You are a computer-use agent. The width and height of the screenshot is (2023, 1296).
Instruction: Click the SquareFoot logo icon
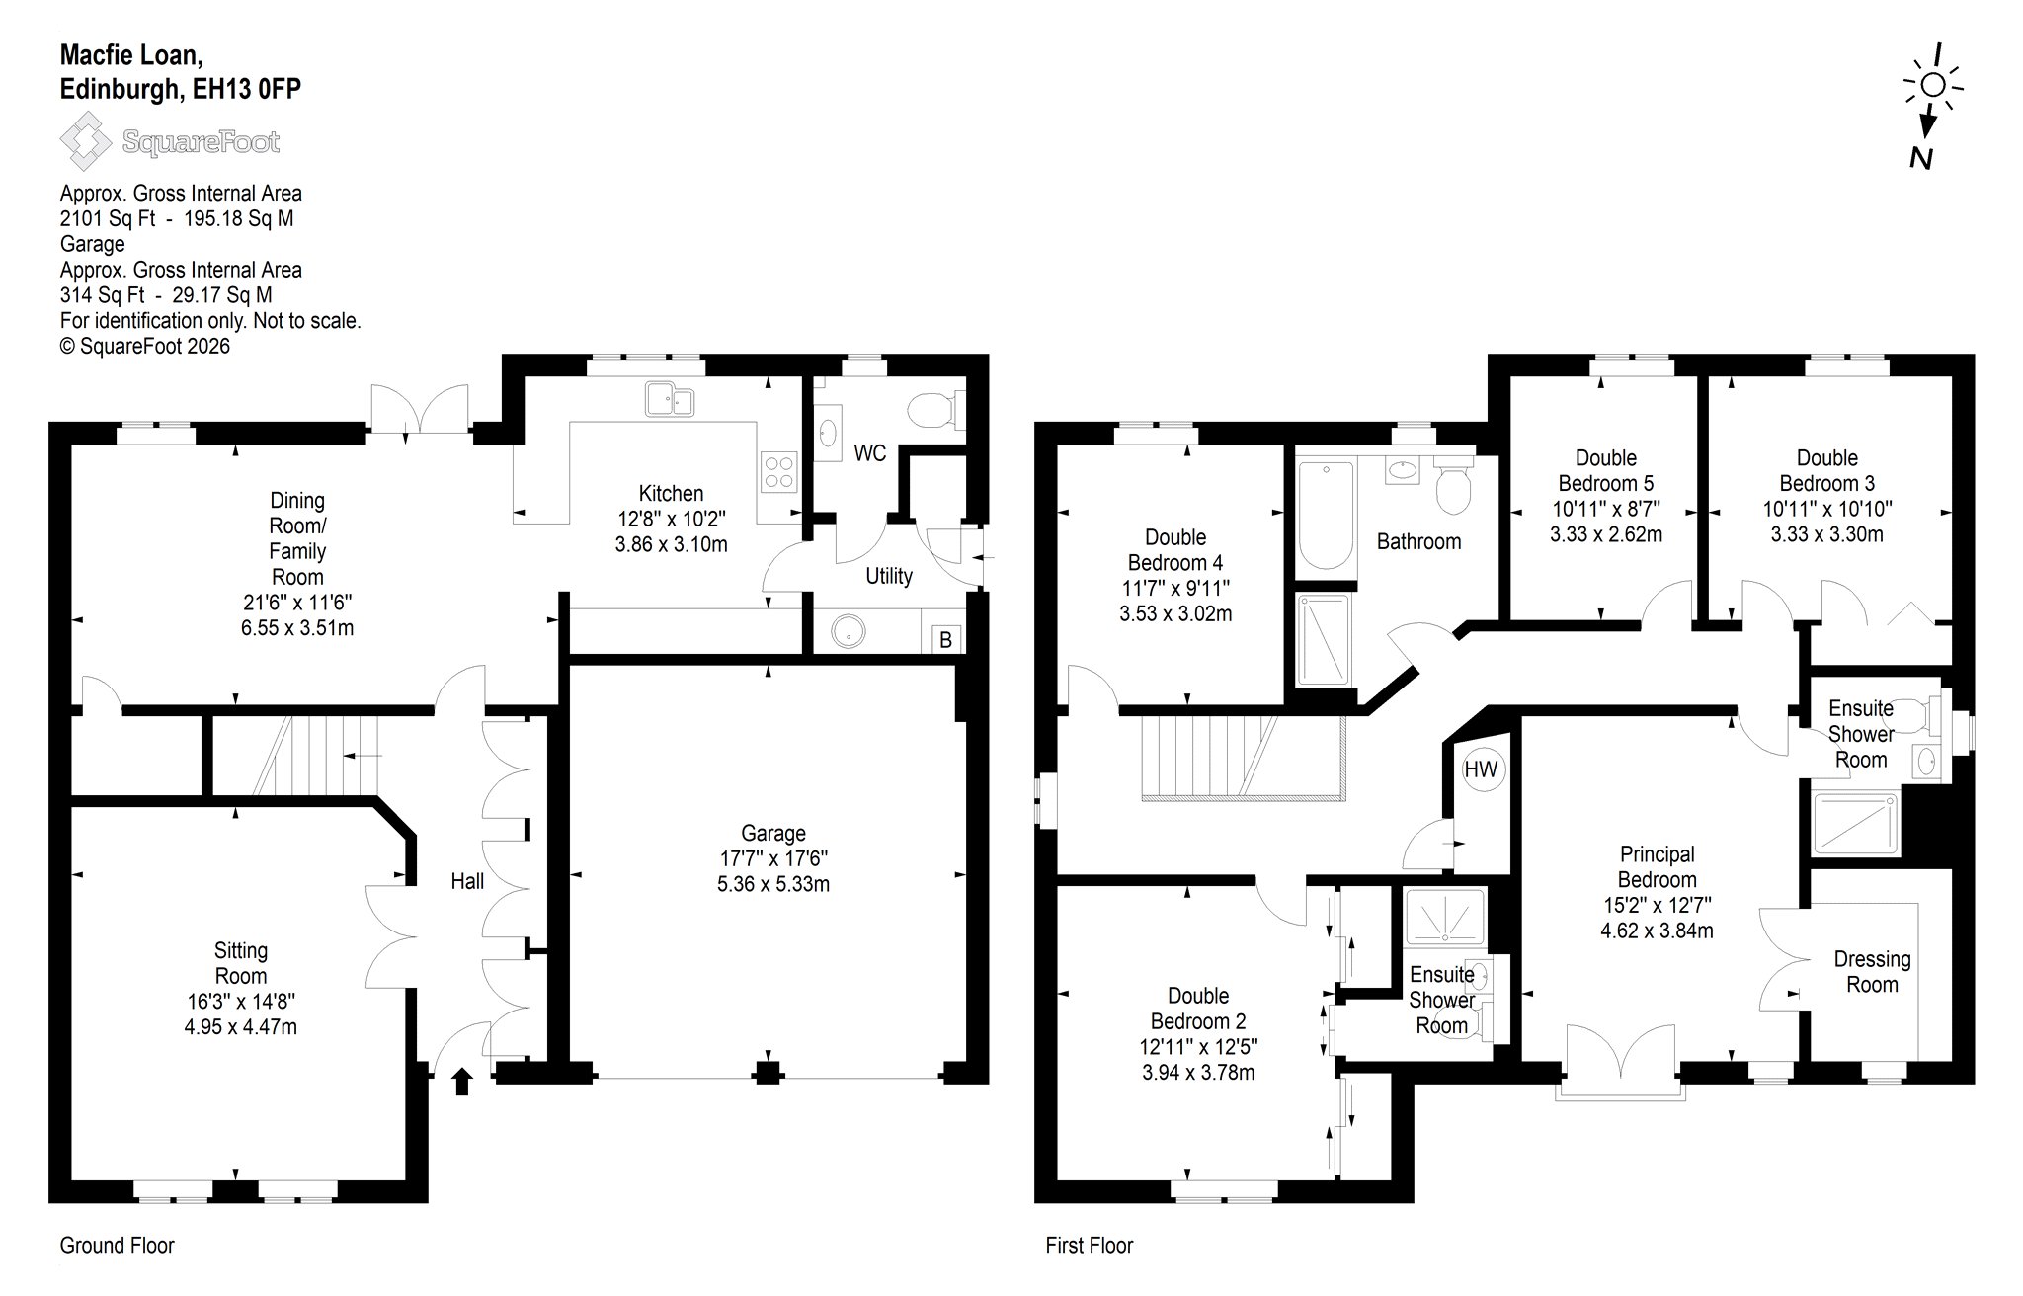86,142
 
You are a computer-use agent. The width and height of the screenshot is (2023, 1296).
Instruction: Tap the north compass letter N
1920,158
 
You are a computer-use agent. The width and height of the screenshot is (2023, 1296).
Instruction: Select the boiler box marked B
945,640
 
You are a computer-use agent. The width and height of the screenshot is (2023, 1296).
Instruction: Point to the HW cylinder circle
1481,769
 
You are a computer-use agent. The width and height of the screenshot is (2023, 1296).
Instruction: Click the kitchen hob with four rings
778,471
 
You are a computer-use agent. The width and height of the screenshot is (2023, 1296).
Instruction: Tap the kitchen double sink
670,400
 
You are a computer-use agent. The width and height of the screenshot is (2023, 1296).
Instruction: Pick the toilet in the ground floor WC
935,410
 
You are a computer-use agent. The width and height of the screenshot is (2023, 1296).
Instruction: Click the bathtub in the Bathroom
1326,516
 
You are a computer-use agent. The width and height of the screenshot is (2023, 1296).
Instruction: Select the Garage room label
773,833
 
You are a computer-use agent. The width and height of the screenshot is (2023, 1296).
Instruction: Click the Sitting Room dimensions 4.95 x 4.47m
241,1026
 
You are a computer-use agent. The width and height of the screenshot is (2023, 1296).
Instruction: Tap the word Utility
889,576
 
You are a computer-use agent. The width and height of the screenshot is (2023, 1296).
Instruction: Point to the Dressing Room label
1872,971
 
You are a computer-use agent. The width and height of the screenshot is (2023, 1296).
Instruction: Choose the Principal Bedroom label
1658,866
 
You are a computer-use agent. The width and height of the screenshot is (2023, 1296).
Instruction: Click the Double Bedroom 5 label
1606,470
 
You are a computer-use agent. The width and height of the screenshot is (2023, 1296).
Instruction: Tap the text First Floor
1090,1246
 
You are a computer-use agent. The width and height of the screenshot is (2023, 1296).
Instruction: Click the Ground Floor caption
118,1246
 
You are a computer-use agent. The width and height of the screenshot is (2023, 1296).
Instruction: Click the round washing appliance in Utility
848,632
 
